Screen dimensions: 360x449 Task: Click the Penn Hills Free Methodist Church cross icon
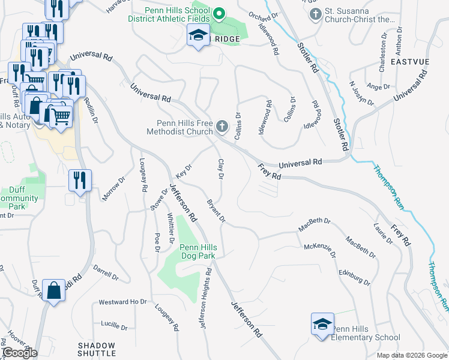click(223, 126)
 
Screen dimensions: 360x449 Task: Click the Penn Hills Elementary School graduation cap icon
click(322, 325)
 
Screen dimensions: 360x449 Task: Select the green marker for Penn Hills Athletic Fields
click(220, 13)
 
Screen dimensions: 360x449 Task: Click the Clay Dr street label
click(221, 170)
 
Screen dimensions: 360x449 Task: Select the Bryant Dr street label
click(216, 211)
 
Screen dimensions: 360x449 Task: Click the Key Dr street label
click(183, 171)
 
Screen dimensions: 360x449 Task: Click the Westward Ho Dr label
click(122, 301)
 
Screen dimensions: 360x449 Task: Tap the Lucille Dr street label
click(114, 324)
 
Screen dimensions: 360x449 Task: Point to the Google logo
click(19, 353)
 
